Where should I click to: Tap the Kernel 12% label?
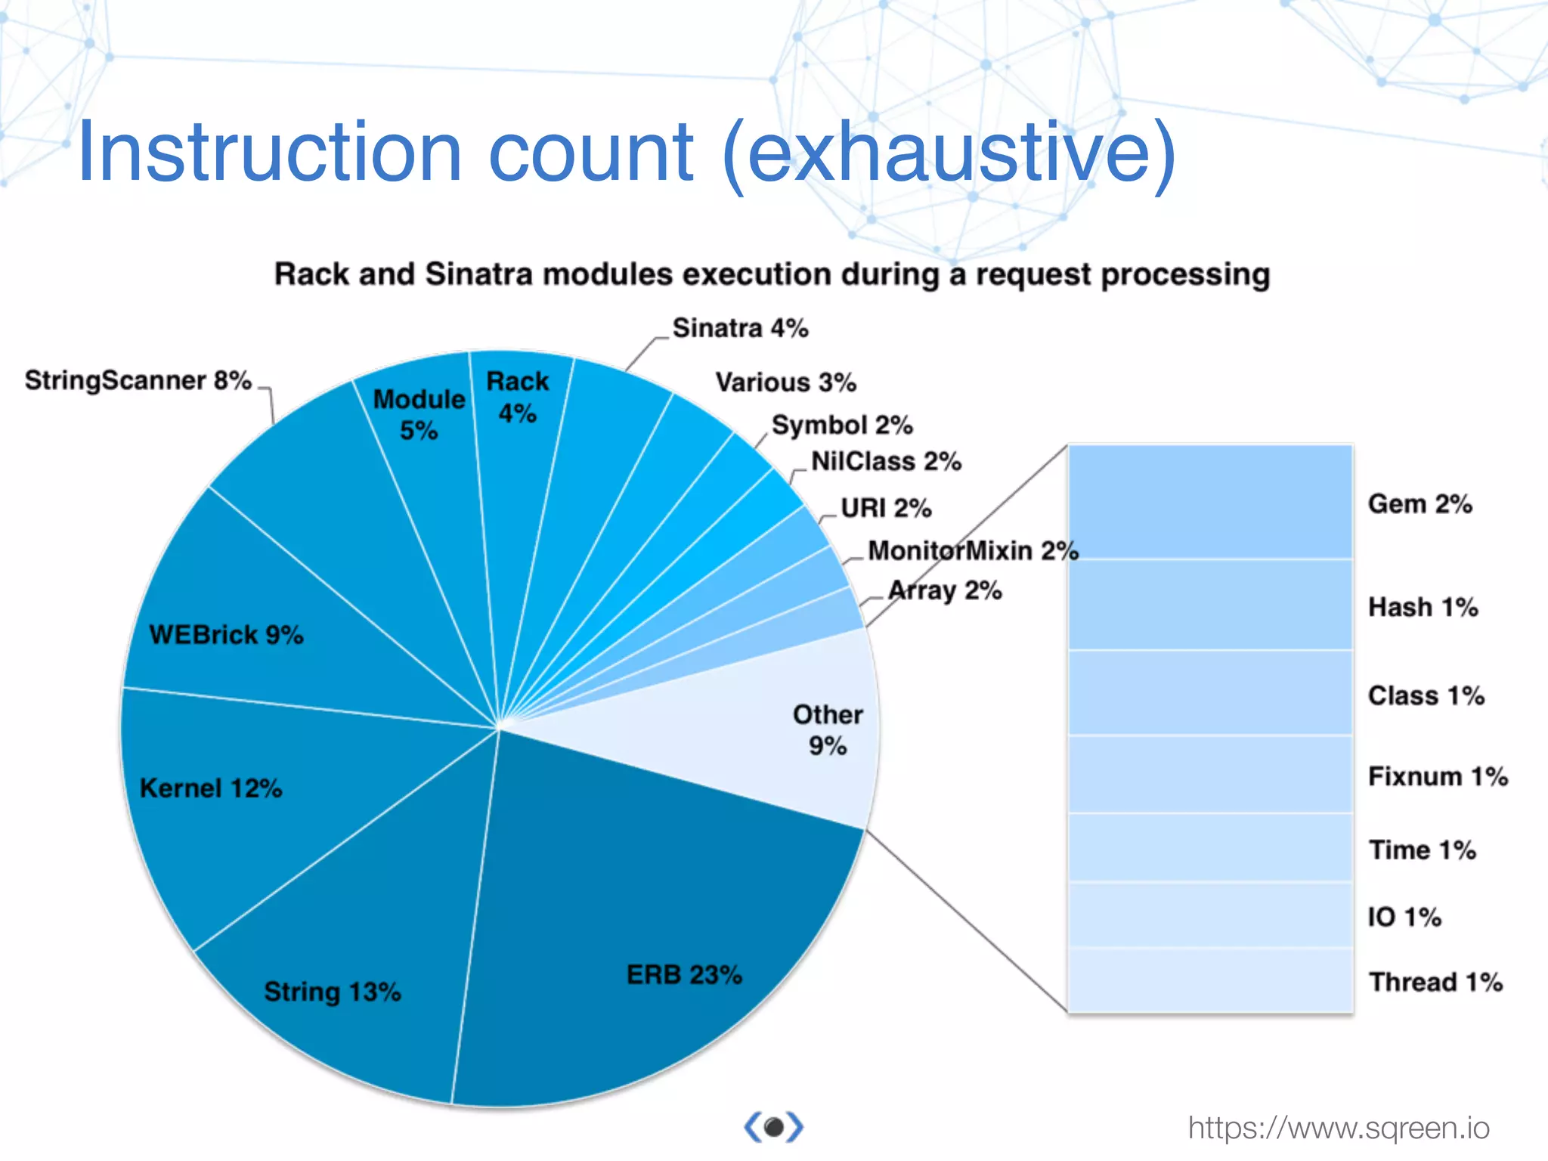(211, 788)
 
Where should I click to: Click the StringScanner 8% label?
(138, 380)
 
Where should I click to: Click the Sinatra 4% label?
(740, 329)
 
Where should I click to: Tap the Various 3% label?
(785, 382)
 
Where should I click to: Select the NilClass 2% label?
(886, 461)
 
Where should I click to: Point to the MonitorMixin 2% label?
(973, 550)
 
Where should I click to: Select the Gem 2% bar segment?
(1209, 502)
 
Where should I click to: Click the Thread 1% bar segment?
(1209, 980)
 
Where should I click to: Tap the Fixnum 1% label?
(1438, 776)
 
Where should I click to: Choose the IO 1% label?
(1404, 917)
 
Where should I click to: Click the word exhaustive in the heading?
(949, 153)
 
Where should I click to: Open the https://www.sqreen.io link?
(1338, 1128)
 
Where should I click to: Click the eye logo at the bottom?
(773, 1127)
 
